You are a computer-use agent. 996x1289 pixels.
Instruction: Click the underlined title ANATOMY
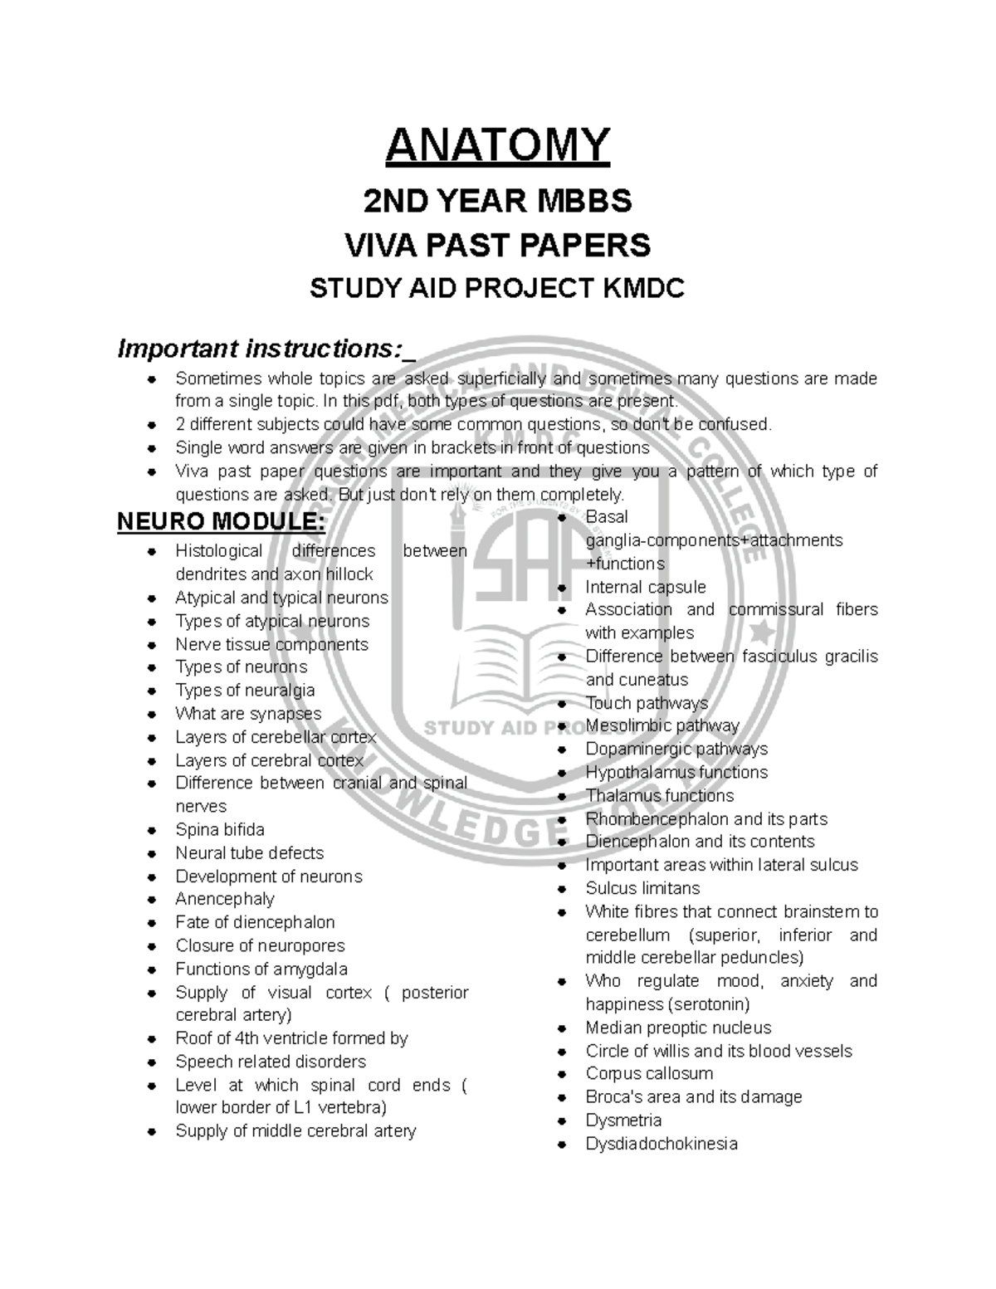(497, 145)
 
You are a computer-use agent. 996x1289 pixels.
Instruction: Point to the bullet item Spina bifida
(220, 830)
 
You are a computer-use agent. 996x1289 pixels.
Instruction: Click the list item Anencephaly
(224, 899)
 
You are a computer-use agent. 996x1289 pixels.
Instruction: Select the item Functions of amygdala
(261, 969)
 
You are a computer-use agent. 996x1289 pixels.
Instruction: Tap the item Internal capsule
(646, 587)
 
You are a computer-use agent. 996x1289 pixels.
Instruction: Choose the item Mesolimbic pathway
(662, 725)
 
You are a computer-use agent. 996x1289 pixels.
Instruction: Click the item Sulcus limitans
(642, 888)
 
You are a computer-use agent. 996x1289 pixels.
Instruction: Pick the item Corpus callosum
(649, 1073)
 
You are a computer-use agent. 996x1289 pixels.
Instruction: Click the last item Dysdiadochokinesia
(662, 1144)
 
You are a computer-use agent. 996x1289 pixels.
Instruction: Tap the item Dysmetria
(623, 1121)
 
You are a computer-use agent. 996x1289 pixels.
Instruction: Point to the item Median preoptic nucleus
(678, 1028)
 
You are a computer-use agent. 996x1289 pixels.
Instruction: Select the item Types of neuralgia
(245, 691)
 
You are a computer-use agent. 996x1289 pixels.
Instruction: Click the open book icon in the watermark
(497, 656)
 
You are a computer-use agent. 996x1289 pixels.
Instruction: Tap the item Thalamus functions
(660, 795)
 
